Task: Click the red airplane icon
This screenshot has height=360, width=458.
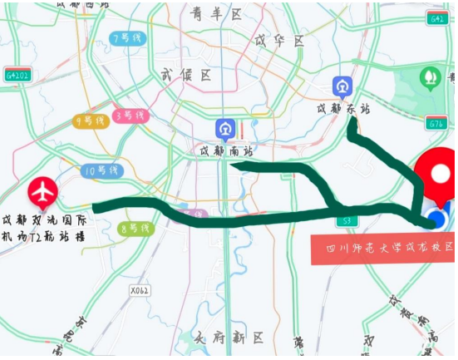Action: pos(42,192)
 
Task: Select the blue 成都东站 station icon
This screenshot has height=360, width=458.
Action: pos(342,87)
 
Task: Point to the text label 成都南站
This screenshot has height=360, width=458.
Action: pos(224,151)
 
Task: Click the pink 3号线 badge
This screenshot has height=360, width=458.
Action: pos(131,116)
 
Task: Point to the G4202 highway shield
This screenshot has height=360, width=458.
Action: pos(17,75)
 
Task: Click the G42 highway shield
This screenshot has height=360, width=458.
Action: pos(437,18)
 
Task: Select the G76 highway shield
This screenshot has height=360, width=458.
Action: pos(436,124)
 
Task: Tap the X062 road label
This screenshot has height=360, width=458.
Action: pos(140,290)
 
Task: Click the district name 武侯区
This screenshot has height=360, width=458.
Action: pos(185,76)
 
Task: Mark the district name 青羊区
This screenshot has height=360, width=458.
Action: pos(214,14)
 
